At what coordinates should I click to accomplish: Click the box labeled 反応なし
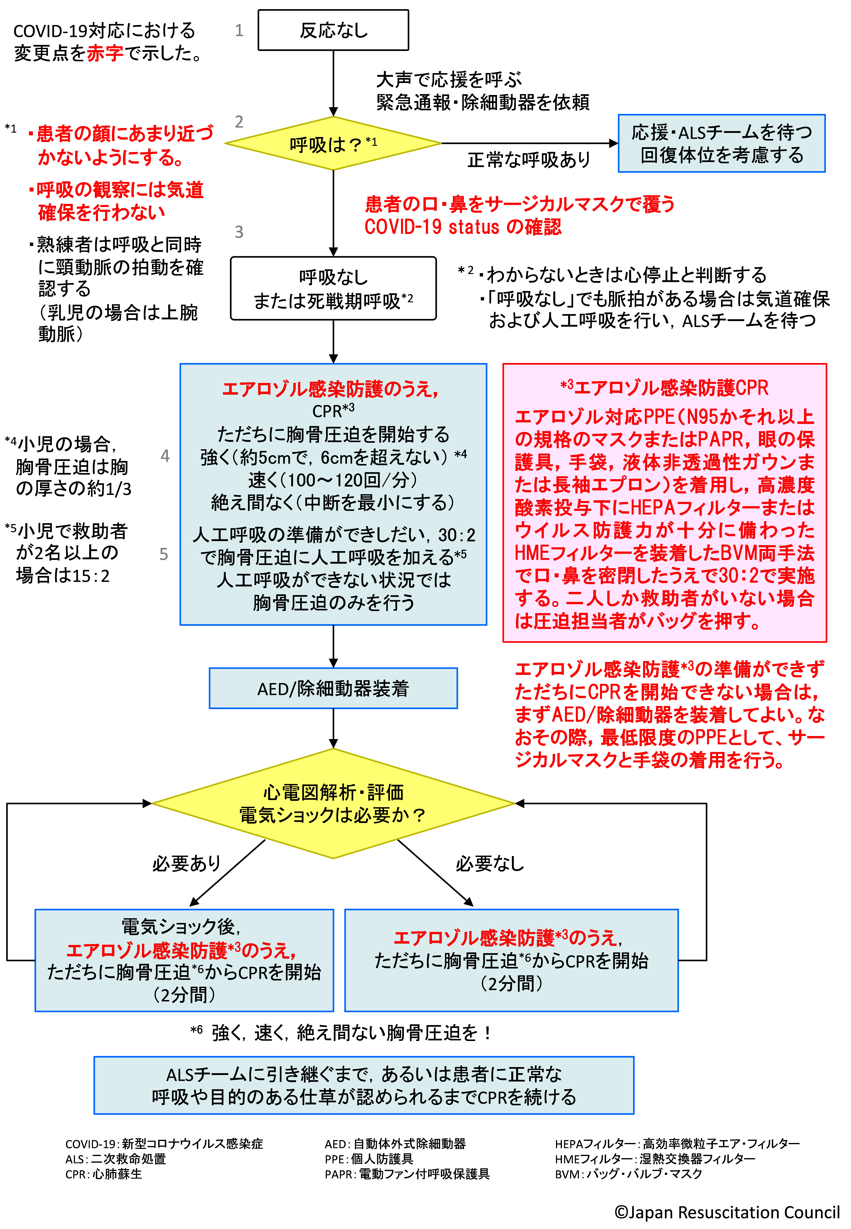pos(333,30)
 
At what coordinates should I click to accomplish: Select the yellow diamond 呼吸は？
pos(333,144)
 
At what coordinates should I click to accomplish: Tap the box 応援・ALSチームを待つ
pos(721,144)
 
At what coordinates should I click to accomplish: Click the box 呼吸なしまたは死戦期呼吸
pos(333,289)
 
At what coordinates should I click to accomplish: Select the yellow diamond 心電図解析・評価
pos(333,803)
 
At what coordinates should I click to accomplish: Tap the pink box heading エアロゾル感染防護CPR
pos(664,388)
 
